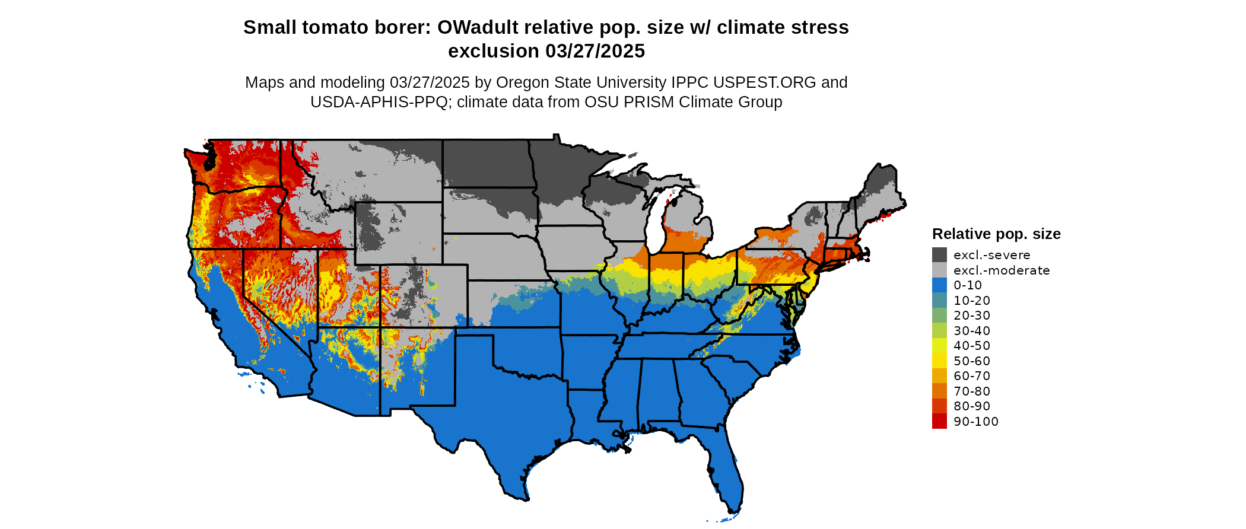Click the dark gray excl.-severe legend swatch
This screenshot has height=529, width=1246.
click(x=939, y=255)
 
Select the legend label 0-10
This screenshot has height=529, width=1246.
click(x=967, y=285)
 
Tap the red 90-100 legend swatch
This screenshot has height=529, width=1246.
click(x=939, y=421)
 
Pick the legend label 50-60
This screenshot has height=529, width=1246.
click(x=972, y=361)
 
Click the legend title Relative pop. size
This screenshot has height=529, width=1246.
click(x=996, y=234)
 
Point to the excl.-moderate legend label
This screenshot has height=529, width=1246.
click(x=1002, y=270)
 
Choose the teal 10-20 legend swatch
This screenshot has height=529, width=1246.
click(x=939, y=300)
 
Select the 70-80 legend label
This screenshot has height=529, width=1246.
click(x=972, y=391)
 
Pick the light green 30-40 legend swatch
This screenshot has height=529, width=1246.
click(x=939, y=330)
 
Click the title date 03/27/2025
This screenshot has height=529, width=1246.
click(x=595, y=52)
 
